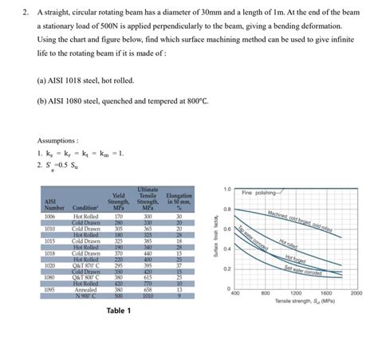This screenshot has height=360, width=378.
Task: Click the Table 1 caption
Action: (x=118, y=311)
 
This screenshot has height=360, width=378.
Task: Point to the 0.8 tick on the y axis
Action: (x=226, y=209)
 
